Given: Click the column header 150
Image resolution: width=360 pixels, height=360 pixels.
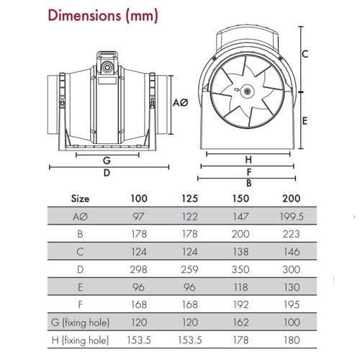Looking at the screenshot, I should (x=240, y=197).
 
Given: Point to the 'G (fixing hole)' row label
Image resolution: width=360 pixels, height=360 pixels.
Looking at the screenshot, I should (x=79, y=323).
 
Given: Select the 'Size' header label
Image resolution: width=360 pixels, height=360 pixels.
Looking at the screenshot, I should (x=80, y=197).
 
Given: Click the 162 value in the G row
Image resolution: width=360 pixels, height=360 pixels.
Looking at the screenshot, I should (x=240, y=323).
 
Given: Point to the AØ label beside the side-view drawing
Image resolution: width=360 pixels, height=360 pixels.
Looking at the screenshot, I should (x=181, y=104).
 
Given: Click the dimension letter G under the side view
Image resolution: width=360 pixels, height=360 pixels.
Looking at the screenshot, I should (x=106, y=160).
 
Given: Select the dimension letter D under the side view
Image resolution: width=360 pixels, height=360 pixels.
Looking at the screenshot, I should (x=106, y=173).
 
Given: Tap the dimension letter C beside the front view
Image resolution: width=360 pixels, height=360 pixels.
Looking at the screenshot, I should (x=305, y=54).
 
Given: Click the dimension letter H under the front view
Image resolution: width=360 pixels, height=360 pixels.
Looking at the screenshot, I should (x=248, y=159).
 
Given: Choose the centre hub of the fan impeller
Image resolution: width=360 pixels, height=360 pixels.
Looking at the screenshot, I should (x=247, y=91).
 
